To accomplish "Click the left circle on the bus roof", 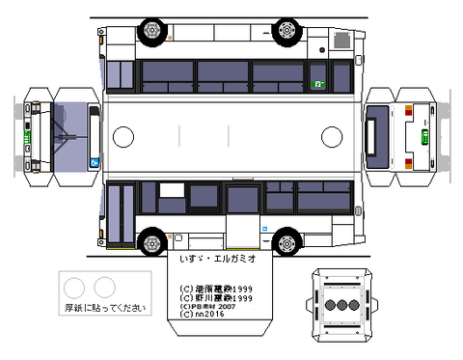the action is point(124,135).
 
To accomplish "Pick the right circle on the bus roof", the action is point(331,135).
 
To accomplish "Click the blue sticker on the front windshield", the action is point(94,162).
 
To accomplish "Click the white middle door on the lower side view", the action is point(241,233).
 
